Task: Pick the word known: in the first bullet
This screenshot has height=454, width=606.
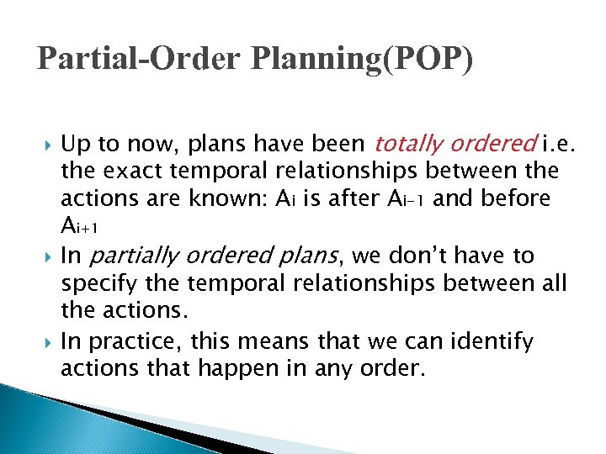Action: [x=241, y=200]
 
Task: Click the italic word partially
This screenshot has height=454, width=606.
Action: [x=138, y=255]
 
